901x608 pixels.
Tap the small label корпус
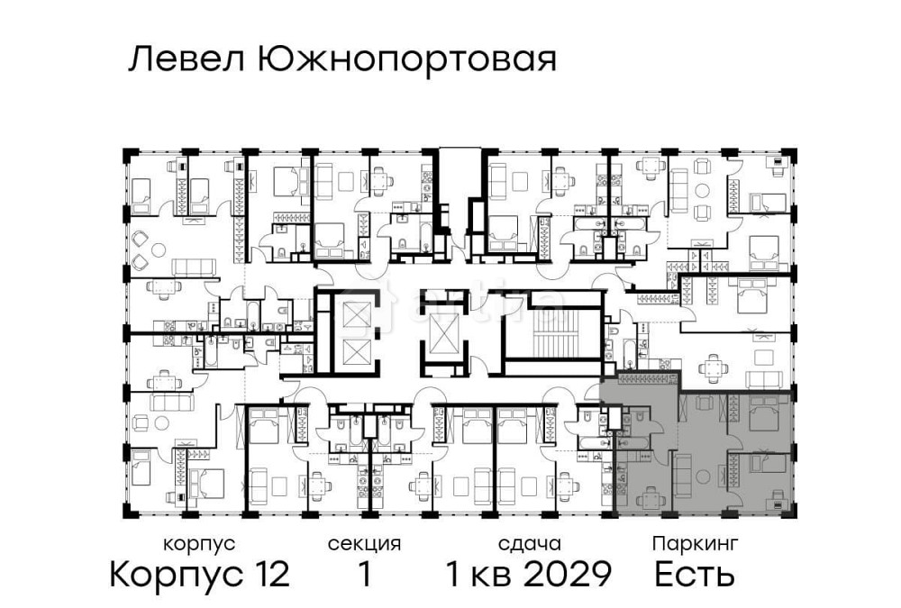199,544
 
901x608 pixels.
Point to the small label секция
364,544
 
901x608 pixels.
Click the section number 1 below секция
364,574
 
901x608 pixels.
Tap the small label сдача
530,544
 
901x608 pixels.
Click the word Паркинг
696,544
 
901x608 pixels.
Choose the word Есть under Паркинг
695,574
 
